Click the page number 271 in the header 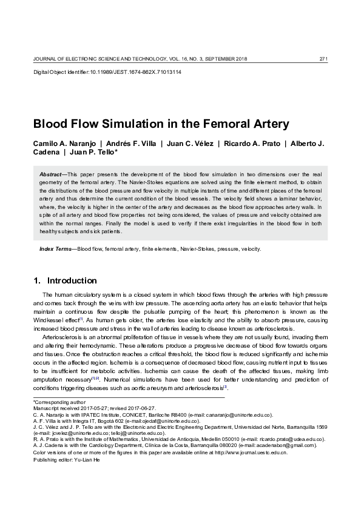coord(323,58)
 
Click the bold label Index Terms coord(55,249)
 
